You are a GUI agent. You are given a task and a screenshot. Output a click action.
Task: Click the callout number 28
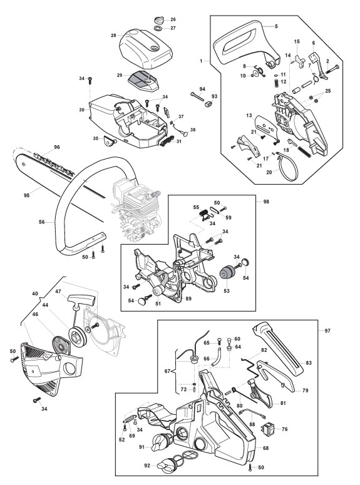[x=113, y=35]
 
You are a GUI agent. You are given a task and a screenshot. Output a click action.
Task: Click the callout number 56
[x=42, y=222]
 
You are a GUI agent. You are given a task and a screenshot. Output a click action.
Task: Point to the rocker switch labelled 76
[x=268, y=429]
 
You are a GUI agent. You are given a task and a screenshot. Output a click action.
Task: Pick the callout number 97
[x=327, y=330]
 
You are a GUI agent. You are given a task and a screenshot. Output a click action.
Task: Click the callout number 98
[x=266, y=202]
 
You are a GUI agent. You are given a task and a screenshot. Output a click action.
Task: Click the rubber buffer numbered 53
[x=226, y=272]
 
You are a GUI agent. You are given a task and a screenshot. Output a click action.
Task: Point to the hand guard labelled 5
[x=246, y=40]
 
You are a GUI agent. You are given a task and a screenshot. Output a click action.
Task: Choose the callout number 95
[x=27, y=195]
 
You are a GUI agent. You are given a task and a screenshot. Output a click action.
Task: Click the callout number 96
[x=56, y=147]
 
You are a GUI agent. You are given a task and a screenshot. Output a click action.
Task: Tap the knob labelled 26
[x=158, y=21]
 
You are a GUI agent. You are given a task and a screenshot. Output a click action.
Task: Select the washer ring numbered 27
[x=158, y=28]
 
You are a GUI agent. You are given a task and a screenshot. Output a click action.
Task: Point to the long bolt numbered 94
[x=197, y=96]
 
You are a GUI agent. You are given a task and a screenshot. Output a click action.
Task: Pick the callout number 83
[x=308, y=363]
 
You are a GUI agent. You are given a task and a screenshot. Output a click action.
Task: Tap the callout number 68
[x=265, y=448]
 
